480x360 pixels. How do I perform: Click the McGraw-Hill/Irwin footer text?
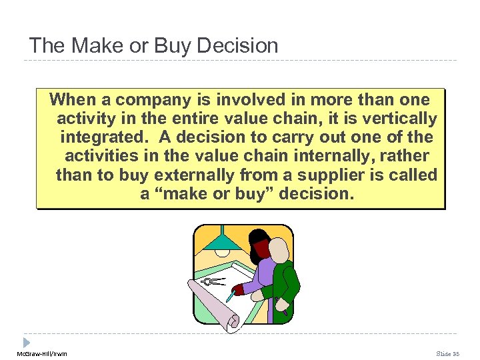pyautogui.click(x=42, y=353)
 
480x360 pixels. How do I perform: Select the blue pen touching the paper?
pyautogui.click(x=230, y=295)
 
